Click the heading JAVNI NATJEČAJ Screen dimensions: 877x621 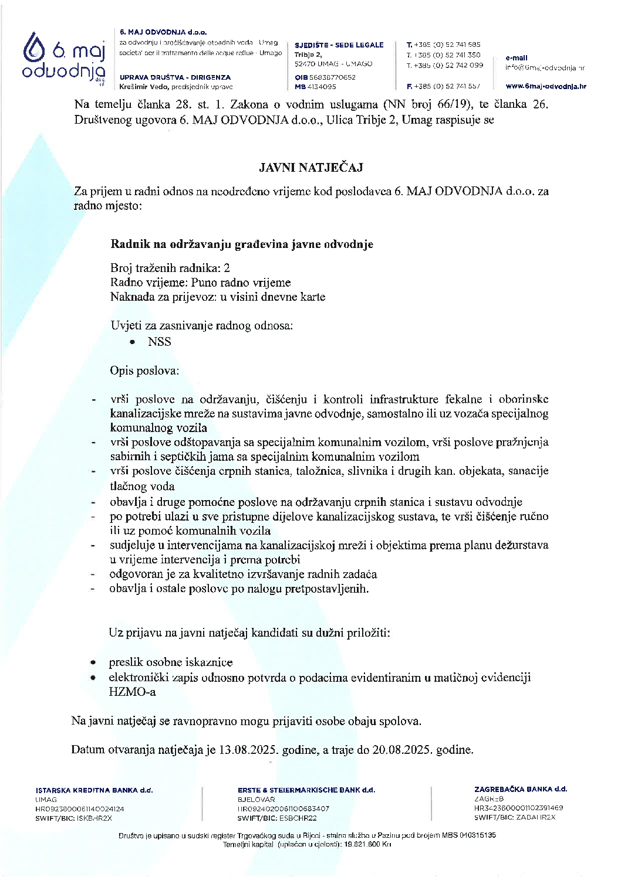point(311,168)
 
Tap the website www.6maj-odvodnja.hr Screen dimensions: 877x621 point(546,87)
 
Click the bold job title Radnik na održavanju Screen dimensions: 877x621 point(241,244)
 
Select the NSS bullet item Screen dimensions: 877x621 point(159,342)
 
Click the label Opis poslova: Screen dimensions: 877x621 point(144,370)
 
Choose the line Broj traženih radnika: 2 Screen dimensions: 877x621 point(170,268)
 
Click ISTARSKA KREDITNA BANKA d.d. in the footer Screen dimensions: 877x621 point(94,790)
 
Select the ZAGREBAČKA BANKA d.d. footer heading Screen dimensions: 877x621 point(521,789)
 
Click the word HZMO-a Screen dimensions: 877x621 point(133,692)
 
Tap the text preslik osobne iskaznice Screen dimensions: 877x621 point(170,662)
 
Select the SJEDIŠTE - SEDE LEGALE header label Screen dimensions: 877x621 point(339,45)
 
